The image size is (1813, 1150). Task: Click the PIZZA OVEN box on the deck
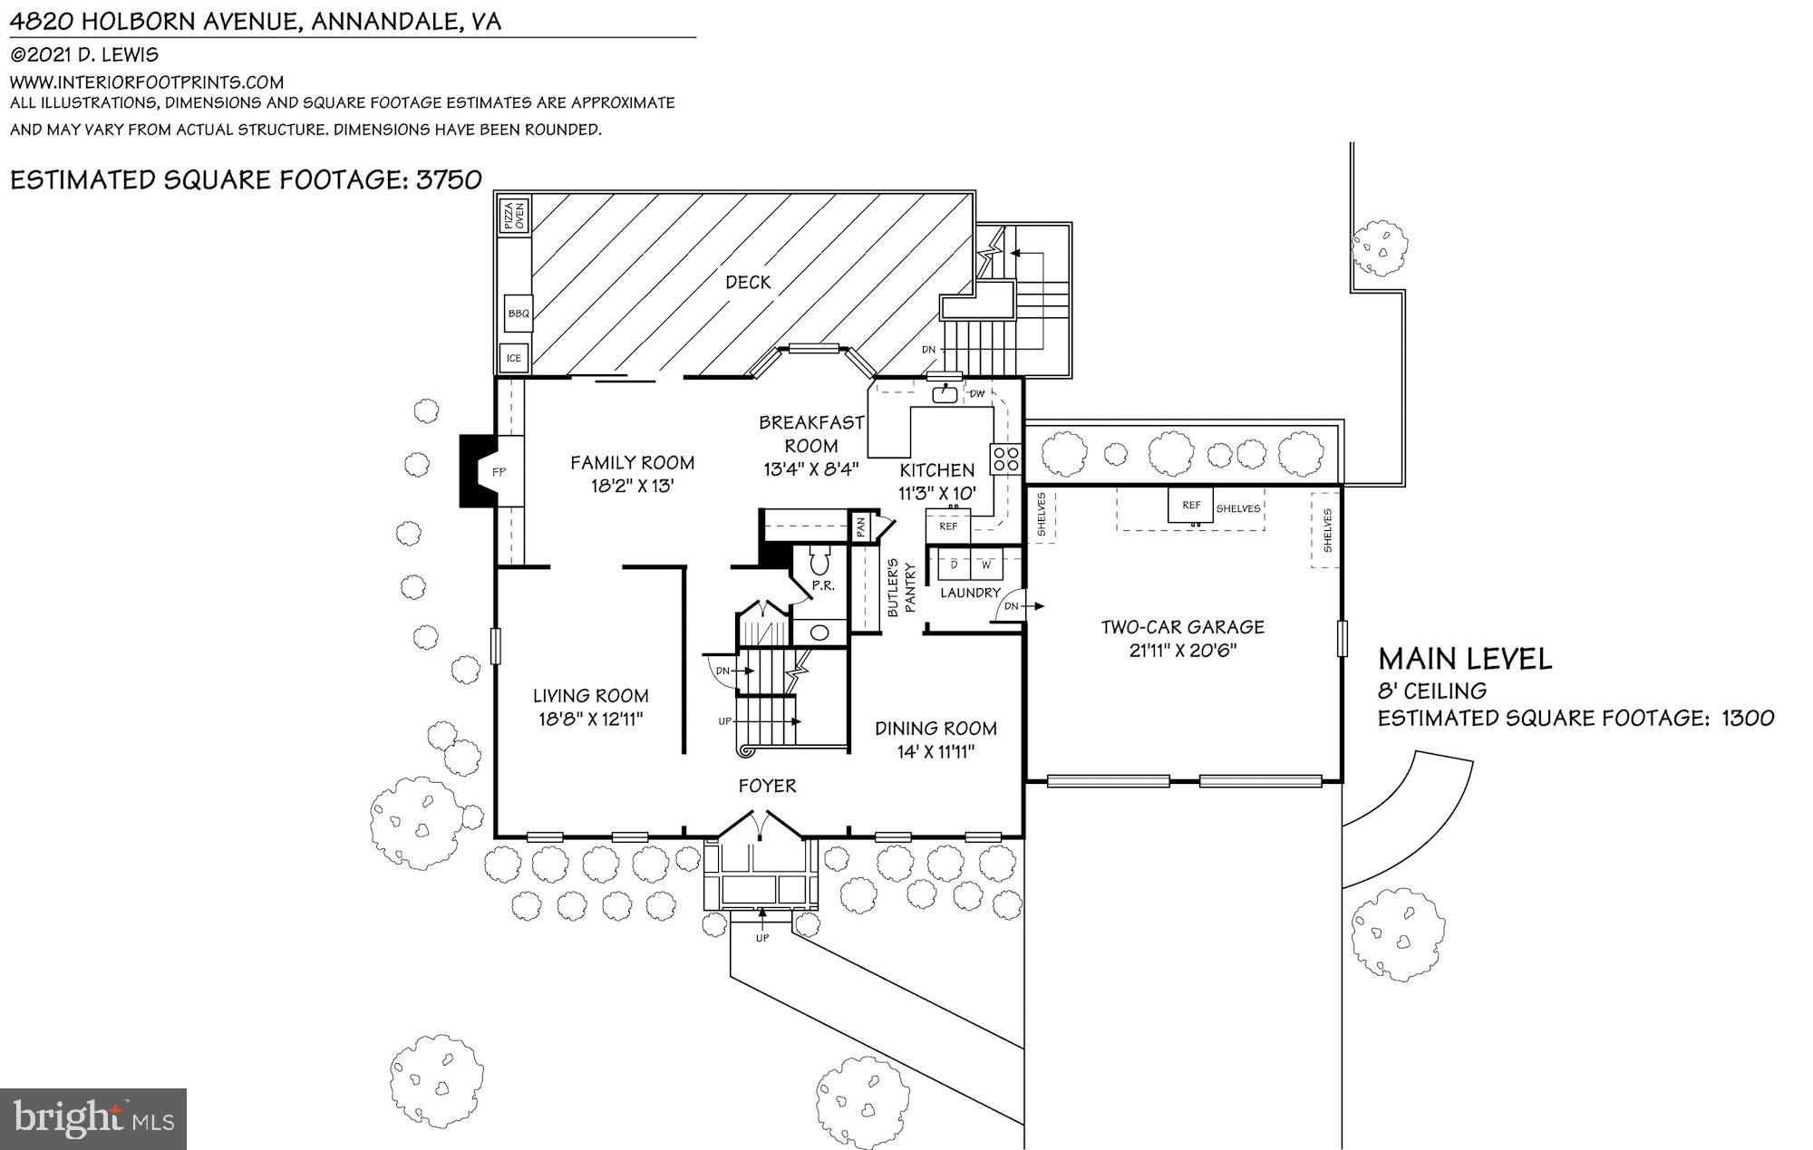tap(514, 216)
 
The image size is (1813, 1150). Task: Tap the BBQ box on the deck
tap(519, 314)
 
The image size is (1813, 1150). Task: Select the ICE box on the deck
tap(514, 358)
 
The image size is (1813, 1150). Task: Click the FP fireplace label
tap(499, 472)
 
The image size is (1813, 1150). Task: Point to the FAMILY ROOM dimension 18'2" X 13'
tap(632, 486)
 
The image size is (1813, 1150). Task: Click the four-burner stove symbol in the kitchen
tap(1005, 459)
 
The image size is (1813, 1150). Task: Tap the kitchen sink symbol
tap(945, 394)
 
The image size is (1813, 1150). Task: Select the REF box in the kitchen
tap(948, 526)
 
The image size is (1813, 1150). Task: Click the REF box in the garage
tap(1191, 506)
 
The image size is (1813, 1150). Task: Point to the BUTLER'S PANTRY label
tap(901, 589)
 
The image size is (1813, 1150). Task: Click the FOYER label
tap(767, 786)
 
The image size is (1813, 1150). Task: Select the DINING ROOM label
tap(936, 728)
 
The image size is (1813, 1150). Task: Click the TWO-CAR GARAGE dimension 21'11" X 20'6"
tap(1183, 650)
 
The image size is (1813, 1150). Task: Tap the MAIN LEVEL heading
tap(1465, 659)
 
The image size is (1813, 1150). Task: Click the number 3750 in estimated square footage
tap(449, 179)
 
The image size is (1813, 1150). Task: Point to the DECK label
tap(748, 283)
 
